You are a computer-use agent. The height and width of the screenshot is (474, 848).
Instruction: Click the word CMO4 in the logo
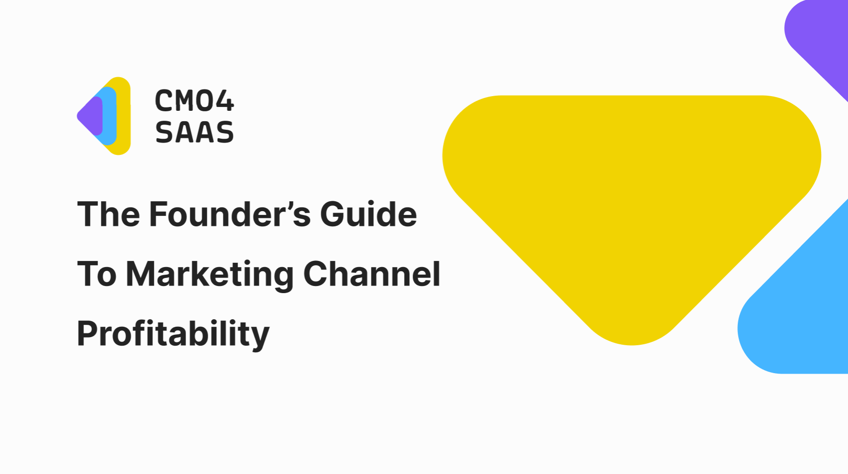click(x=194, y=101)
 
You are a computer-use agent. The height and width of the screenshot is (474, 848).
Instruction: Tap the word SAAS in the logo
click(x=194, y=132)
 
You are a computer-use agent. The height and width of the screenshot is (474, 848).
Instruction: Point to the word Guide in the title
click(x=369, y=214)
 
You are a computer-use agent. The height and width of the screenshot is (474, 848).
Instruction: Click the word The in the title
click(x=109, y=214)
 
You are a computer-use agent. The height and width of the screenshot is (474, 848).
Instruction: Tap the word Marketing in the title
click(x=210, y=275)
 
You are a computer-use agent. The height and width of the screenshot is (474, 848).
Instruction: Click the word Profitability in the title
click(x=173, y=334)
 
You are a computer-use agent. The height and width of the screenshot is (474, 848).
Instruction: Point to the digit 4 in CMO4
click(x=222, y=101)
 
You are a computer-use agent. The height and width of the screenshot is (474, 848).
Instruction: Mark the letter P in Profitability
click(x=88, y=334)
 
